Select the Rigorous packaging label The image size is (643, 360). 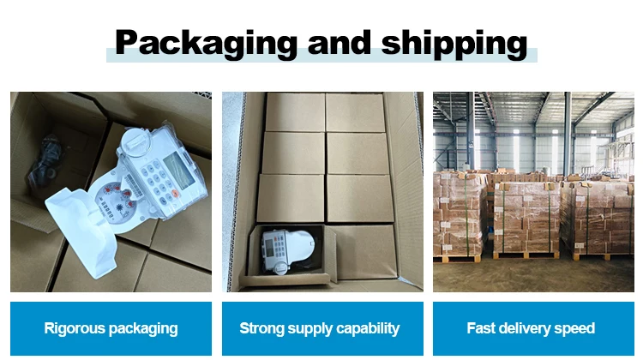click(111, 328)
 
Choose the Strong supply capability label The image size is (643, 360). click(320, 328)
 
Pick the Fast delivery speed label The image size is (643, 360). click(531, 328)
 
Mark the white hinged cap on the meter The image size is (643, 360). click(137, 141)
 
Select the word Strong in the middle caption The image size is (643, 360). click(258, 328)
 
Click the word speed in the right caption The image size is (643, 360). click(578, 328)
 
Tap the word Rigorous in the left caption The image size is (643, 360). click(73, 328)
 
